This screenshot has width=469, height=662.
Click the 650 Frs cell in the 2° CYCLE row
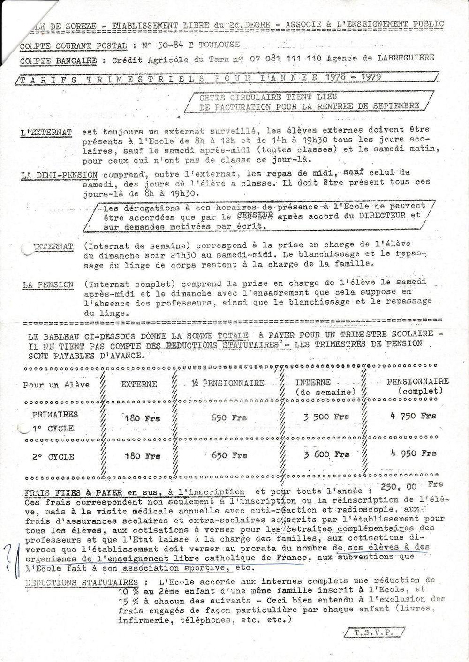click(229, 455)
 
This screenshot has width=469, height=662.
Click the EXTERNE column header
click(139, 384)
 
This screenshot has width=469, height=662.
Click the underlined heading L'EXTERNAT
click(46, 133)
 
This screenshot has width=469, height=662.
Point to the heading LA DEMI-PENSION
click(60, 176)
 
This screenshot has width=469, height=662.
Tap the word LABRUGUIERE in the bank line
click(405, 58)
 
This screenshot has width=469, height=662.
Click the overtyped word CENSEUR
click(255, 216)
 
